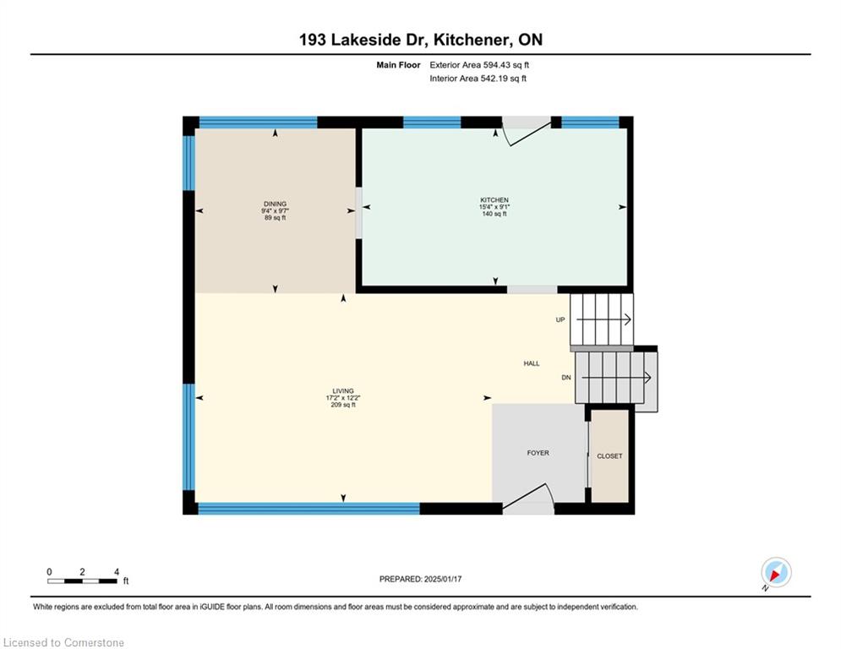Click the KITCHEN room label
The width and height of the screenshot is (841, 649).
pos(494,200)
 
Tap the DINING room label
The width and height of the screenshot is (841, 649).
pos(276,204)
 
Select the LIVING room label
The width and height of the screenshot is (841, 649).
pos(343,391)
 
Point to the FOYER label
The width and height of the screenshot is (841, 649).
pos(538,453)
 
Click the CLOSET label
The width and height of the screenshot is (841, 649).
pos(610,456)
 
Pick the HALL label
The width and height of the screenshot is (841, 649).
pos(532,363)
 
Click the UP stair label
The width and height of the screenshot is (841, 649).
pos(560,319)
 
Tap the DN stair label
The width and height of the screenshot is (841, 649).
pos(566,378)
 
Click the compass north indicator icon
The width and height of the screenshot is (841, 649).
pos(776,572)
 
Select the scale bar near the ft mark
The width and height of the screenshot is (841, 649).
pos(82,581)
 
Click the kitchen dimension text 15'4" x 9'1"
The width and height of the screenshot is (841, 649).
pos(494,207)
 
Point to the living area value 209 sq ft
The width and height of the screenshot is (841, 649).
pos(343,405)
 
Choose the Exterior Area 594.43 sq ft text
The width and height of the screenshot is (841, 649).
pos(479,65)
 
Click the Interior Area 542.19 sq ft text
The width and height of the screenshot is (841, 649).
pos(478,79)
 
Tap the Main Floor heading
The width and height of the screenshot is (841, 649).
pos(398,65)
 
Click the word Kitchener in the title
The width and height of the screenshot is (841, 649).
pos(472,40)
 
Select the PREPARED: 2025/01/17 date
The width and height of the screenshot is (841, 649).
pos(421,579)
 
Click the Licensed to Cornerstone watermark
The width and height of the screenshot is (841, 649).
pos(63,642)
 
